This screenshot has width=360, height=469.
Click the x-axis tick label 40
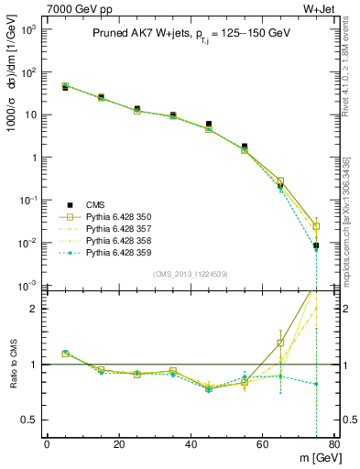(x=191, y=444)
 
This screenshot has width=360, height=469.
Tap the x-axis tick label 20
(x=118, y=444)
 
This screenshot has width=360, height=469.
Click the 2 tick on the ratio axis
(x=35, y=309)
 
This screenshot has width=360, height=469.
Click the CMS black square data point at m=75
(x=316, y=245)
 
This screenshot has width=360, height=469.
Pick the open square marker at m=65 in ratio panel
(x=280, y=343)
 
